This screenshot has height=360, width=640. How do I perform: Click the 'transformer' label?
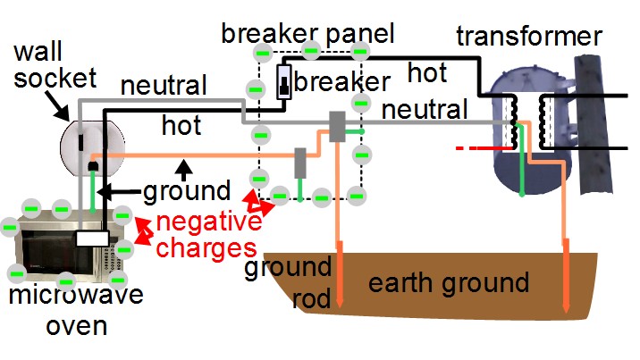529,38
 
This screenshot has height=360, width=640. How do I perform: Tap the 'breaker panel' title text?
307,34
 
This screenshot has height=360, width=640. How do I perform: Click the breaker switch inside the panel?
284,81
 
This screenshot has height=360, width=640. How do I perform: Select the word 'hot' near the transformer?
428,71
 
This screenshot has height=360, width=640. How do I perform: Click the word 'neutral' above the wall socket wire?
164,86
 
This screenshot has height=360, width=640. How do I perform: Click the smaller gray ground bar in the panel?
301,163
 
